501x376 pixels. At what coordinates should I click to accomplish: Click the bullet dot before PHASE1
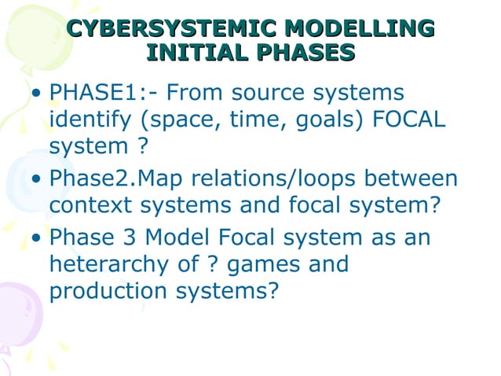click(x=36, y=95)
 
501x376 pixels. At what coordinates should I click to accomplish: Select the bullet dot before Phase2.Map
click(x=36, y=179)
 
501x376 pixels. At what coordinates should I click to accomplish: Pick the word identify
click(x=83, y=120)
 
